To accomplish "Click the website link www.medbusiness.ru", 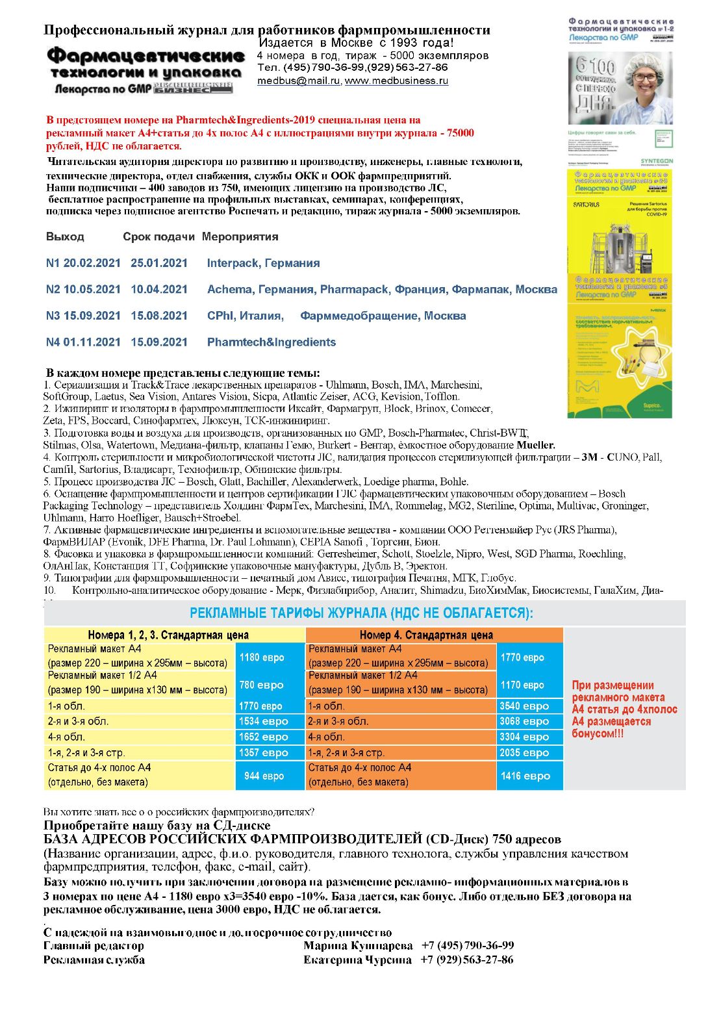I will [x=396, y=81].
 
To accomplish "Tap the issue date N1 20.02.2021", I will [x=83, y=263].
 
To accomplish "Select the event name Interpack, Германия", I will [x=263, y=263].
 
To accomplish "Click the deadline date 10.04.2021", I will [x=159, y=290].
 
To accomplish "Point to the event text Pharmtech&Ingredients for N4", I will [x=271, y=342].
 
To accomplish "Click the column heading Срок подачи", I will [x=158, y=237].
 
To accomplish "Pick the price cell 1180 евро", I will [x=262, y=657].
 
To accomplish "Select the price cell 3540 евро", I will [x=524, y=706].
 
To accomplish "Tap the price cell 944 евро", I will [x=264, y=776].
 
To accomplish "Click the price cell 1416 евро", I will [x=525, y=776].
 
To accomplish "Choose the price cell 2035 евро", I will [x=524, y=753].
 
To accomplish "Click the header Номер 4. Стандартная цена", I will [x=426, y=635].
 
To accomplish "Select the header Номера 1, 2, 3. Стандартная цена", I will [x=168, y=635].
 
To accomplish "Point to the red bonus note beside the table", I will [x=624, y=709].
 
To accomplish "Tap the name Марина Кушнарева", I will [x=358, y=946].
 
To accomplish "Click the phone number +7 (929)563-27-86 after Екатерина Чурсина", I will [x=466, y=960].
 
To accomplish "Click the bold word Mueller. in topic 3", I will [x=536, y=446].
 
